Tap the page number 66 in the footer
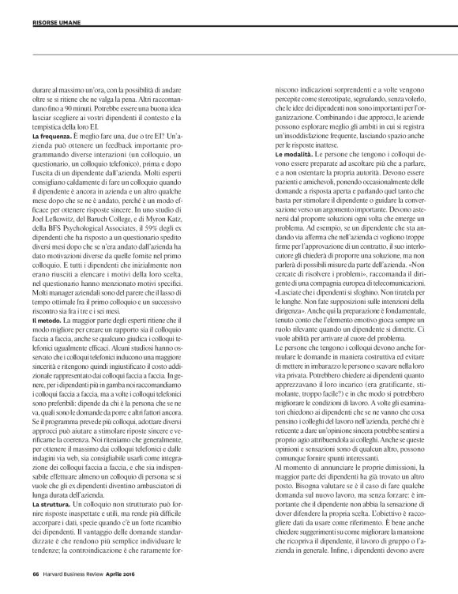pyautogui.click(x=36, y=573)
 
